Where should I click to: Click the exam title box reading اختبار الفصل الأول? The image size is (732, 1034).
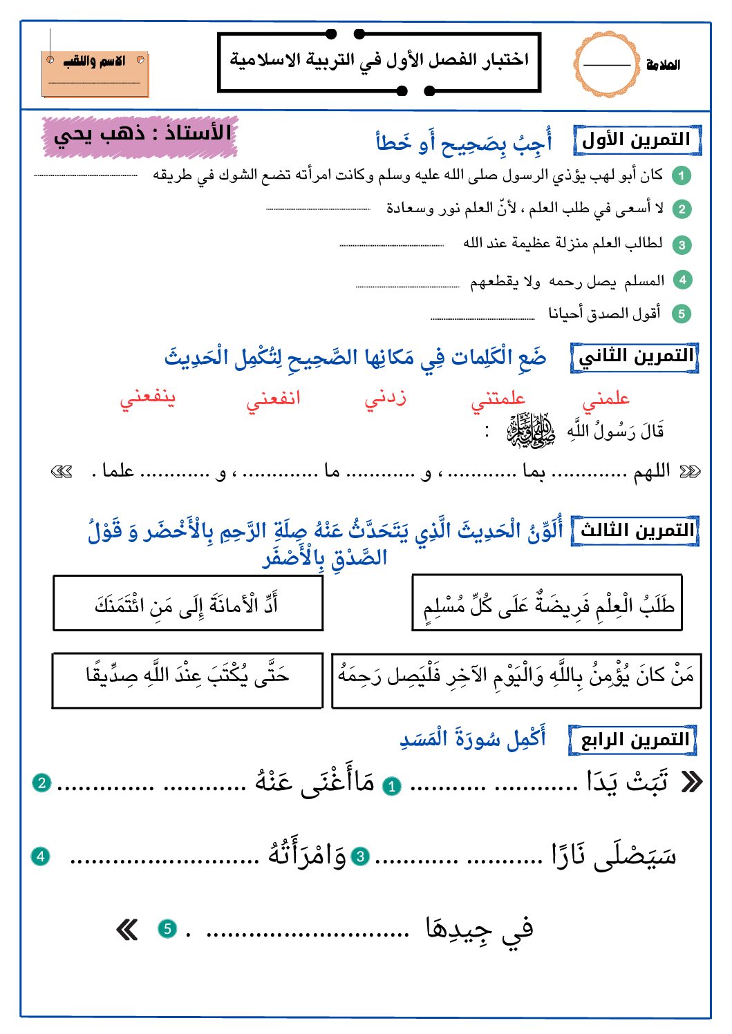click(x=379, y=61)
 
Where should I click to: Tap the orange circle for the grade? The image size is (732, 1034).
click(x=606, y=64)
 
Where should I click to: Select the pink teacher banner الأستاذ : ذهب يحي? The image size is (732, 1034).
click(x=141, y=135)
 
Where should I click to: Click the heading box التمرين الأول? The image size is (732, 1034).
click(x=637, y=140)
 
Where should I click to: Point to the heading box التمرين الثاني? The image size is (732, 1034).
click(x=635, y=357)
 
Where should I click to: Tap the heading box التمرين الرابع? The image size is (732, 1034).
click(x=632, y=740)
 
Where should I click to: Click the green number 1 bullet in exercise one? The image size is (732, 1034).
click(x=682, y=175)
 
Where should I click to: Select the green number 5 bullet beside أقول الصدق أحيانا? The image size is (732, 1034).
click(x=681, y=314)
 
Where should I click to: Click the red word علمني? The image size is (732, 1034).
click(x=606, y=399)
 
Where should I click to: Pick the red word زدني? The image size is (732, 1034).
click(x=385, y=399)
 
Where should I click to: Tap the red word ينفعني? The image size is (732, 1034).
click(x=148, y=399)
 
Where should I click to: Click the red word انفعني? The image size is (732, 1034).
click(x=273, y=399)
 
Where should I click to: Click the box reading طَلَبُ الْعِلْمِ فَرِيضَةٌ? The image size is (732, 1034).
click(x=547, y=603)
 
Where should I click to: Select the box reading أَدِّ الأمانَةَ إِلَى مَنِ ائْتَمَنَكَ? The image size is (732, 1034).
click(x=188, y=603)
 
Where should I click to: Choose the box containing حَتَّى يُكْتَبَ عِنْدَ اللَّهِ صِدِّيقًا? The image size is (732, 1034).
click(x=187, y=680)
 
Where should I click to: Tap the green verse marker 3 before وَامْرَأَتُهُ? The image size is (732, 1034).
click(x=360, y=857)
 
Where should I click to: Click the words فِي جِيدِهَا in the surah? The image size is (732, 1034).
click(x=480, y=929)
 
